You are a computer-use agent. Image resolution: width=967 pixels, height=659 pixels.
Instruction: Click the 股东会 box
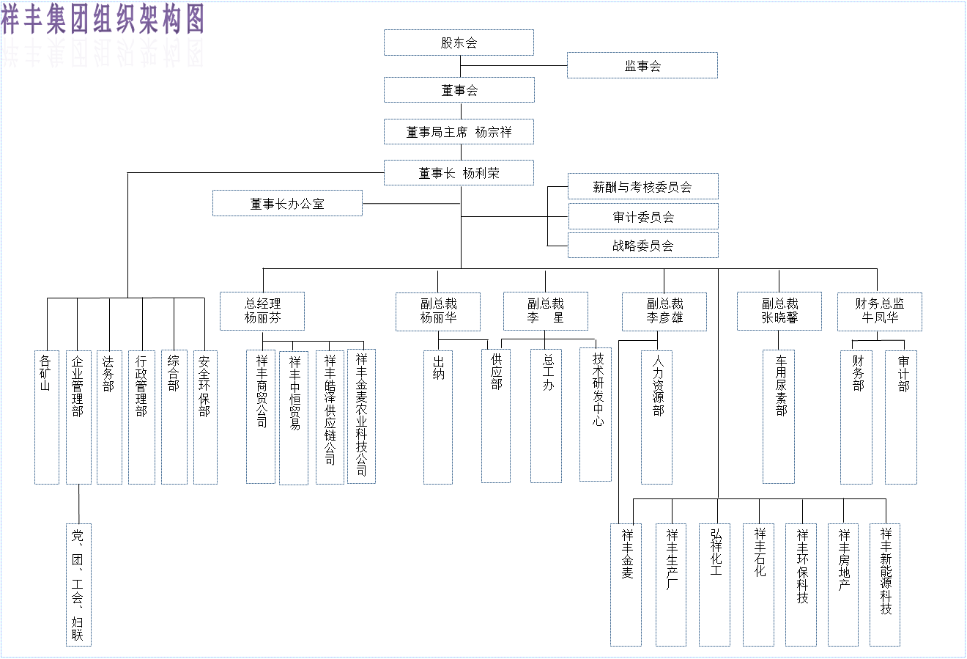[x=459, y=43]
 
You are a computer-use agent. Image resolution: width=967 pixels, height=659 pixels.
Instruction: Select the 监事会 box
[x=642, y=65]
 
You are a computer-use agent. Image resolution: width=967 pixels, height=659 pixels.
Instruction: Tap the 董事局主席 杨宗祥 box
[x=459, y=132]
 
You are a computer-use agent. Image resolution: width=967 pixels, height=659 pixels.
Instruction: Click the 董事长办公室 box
[x=287, y=203]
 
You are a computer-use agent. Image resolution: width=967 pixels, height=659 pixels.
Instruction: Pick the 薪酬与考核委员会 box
[x=642, y=186]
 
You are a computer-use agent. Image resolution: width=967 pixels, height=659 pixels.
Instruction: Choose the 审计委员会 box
[x=642, y=216]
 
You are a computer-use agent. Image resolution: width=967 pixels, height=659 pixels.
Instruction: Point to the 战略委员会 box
[x=642, y=246]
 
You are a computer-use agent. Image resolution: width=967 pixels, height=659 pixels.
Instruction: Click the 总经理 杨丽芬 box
[x=262, y=311]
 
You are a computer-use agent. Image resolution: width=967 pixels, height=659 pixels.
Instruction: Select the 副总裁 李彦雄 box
[x=664, y=311]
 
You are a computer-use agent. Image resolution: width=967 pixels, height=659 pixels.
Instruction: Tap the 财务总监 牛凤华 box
[x=879, y=311]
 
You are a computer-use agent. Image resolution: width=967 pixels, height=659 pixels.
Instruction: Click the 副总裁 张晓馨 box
[x=779, y=311]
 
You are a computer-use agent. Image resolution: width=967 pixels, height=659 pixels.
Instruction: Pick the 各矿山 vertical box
[x=47, y=416]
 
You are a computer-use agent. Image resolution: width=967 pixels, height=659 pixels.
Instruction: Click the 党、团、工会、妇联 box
[x=78, y=584]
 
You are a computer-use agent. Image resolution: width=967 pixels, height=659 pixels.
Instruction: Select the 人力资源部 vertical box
[x=656, y=416]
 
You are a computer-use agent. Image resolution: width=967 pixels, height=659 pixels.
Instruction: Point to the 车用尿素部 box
[x=779, y=416]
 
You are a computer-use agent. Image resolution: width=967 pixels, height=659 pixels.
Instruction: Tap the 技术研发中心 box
[x=596, y=414]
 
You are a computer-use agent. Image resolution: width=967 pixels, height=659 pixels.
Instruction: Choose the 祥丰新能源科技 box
[x=885, y=584]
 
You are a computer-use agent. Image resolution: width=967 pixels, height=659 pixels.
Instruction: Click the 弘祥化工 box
[x=714, y=584]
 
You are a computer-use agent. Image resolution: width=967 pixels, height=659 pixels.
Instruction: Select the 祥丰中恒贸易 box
[x=294, y=417]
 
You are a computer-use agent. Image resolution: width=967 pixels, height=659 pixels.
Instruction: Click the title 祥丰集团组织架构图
[x=103, y=19]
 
